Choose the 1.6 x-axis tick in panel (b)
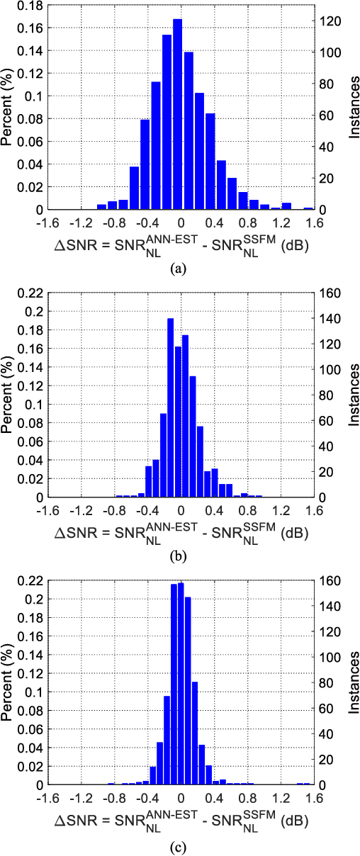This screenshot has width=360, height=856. click(313, 509)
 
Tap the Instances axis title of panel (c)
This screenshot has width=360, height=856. click(352, 683)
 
